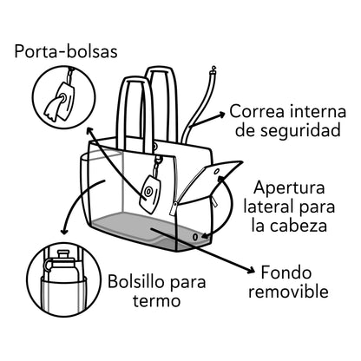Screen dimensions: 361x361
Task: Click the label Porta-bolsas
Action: [66, 52]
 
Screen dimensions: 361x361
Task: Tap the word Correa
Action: [255, 112]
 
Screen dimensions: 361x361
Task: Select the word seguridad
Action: [300, 131]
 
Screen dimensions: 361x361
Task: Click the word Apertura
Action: [289, 188]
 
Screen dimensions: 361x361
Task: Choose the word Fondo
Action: [286, 272]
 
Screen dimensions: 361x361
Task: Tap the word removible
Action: [288, 292]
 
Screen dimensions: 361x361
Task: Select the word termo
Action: [156, 301]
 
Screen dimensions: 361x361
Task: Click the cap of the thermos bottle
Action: [62, 255]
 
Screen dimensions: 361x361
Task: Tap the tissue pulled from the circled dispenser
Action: [53, 108]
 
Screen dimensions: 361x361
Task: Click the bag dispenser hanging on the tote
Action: [150, 194]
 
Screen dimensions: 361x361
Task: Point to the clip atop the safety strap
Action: [214, 69]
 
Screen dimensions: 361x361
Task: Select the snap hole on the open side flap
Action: [217, 172]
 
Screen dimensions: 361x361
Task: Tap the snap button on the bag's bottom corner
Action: [195, 237]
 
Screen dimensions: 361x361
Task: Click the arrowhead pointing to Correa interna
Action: [221, 115]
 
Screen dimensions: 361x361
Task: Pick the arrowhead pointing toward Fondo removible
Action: [251, 271]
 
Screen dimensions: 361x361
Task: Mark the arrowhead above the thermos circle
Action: [64, 232]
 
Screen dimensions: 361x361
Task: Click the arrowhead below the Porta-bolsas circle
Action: [89, 131]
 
